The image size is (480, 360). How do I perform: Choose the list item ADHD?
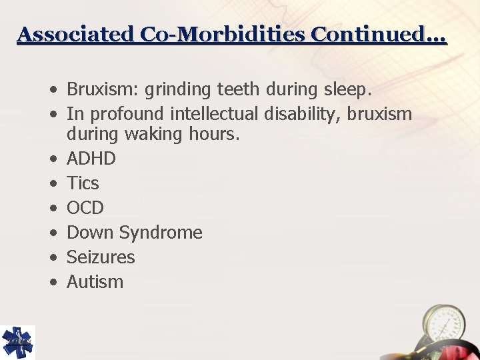91,159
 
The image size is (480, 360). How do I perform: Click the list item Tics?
83,183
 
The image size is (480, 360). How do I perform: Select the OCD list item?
86,208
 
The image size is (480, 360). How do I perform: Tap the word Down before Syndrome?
91,233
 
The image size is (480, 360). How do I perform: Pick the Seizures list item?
101,257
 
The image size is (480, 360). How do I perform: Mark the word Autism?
95,282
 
